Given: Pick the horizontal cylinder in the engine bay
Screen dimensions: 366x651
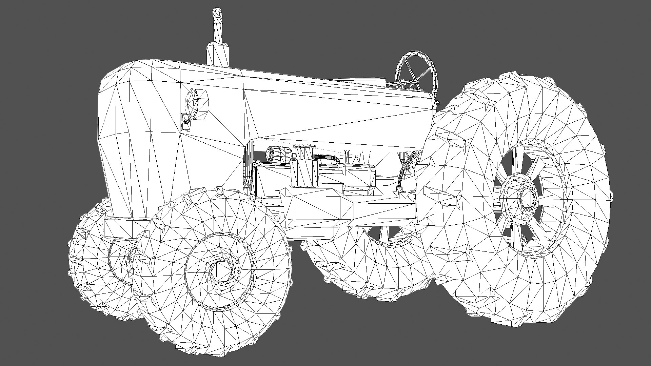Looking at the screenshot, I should tap(277, 154).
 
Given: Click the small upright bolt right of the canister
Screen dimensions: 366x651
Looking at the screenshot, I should tap(347, 156).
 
